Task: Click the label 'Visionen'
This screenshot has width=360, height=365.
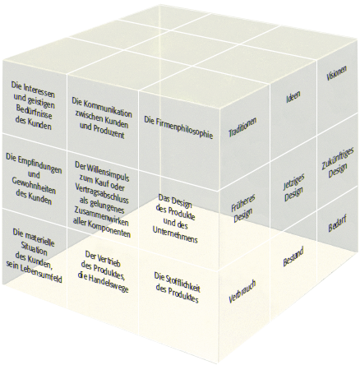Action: (x=336, y=72)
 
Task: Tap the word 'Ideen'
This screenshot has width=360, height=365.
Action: (x=293, y=96)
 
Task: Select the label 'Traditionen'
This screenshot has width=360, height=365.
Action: (x=242, y=127)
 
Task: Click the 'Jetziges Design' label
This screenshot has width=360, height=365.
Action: (x=293, y=188)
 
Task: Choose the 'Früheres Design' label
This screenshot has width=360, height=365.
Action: (x=242, y=208)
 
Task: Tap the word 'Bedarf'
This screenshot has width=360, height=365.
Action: (x=337, y=224)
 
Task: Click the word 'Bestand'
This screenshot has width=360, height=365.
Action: (x=293, y=256)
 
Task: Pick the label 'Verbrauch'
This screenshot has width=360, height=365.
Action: (x=242, y=292)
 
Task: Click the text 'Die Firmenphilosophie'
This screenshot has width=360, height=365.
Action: (x=178, y=128)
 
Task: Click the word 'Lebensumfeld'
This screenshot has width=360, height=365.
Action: (x=40, y=274)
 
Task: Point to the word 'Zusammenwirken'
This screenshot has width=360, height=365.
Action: (x=99, y=217)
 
